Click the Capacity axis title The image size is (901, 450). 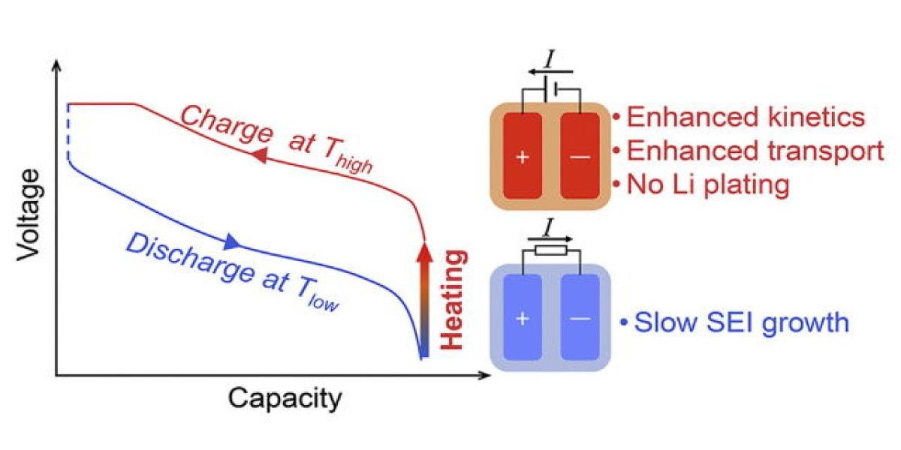[x=285, y=398]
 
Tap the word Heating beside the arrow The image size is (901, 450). [x=453, y=300]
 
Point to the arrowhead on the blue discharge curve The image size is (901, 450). [x=231, y=241]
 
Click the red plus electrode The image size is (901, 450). [x=523, y=156]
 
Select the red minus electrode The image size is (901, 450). [x=580, y=156]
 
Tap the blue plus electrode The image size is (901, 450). [x=523, y=319]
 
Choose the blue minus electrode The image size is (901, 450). [x=580, y=319]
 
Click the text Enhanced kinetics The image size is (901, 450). [x=746, y=118]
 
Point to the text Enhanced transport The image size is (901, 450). [x=755, y=151]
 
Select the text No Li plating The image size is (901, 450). [x=708, y=184]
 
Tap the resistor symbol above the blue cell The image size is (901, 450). [x=550, y=250]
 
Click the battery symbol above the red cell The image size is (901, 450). [x=551, y=89]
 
